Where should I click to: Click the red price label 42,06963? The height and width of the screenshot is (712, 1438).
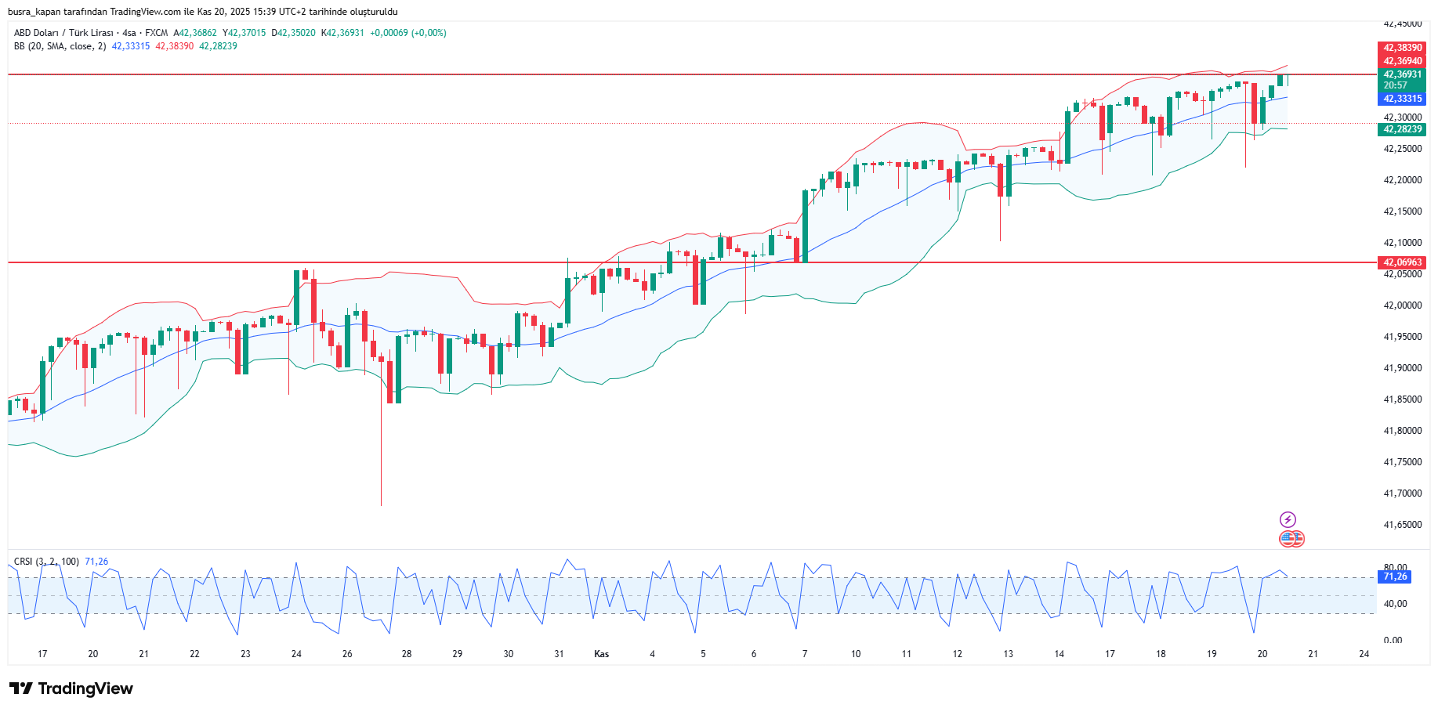click(x=1402, y=262)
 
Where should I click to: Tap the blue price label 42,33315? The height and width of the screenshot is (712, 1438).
click(x=1402, y=99)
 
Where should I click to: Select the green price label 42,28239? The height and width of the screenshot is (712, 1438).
click(x=1402, y=129)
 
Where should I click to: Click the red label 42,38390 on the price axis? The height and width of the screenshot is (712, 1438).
click(x=1402, y=48)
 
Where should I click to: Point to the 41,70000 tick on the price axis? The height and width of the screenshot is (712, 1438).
click(x=1402, y=493)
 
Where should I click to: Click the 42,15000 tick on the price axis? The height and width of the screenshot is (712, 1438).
click(x=1402, y=211)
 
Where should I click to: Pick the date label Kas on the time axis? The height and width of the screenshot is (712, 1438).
click(x=602, y=654)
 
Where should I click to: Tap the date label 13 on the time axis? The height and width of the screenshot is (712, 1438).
click(x=1008, y=654)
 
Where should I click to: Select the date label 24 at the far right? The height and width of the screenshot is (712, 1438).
click(x=1364, y=654)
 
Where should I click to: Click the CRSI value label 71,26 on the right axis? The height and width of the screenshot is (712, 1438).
click(x=1395, y=576)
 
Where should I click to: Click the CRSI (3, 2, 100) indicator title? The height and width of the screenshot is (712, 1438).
click(x=46, y=562)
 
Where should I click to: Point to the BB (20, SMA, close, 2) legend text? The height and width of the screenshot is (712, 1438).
click(x=60, y=46)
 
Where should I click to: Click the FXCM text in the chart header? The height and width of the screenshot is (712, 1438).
click(x=156, y=33)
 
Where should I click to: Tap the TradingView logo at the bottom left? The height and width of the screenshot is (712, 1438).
click(x=71, y=689)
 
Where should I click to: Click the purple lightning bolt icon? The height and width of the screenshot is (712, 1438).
click(x=1288, y=519)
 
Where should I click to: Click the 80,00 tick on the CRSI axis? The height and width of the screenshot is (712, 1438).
click(x=1395, y=567)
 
